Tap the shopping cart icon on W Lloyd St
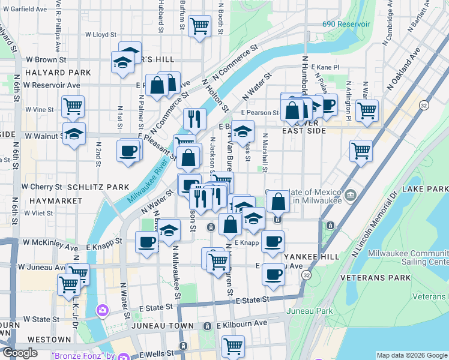(199, 26)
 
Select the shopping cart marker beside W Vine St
(73, 107)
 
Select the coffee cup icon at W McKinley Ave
(146, 242)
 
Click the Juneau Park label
(309, 311)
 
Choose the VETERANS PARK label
(366, 278)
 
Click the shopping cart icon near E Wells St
(233, 346)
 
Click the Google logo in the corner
(20, 353)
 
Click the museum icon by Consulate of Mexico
(351, 196)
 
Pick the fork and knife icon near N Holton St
(194, 118)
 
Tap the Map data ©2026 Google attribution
(412, 355)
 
